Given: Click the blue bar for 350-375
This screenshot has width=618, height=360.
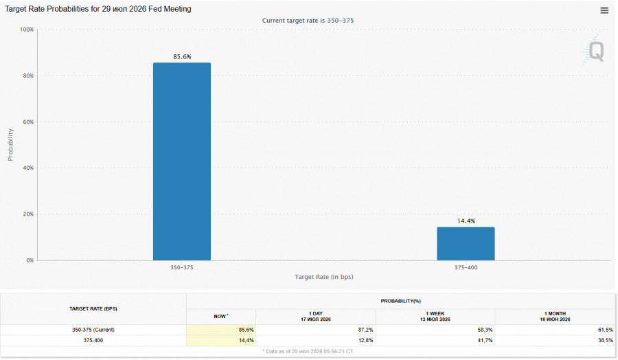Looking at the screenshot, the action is (x=182, y=161).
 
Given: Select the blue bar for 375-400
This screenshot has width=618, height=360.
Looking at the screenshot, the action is (x=466, y=243).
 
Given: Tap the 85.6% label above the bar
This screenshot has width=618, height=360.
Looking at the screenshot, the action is (x=182, y=57).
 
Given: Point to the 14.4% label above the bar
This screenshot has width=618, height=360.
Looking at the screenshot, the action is (x=466, y=221).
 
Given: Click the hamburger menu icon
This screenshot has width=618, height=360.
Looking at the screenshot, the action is (x=604, y=10).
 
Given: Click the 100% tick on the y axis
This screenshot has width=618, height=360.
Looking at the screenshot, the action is (x=27, y=30).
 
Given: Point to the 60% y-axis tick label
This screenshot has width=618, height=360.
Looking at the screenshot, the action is (x=28, y=122).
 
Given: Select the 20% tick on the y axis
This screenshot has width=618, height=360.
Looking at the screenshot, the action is (x=28, y=214).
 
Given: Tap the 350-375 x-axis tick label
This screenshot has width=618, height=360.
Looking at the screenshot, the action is (x=182, y=267).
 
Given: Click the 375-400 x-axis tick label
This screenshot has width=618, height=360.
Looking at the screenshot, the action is (x=466, y=267).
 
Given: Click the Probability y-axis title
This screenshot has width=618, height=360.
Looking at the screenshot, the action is (x=10, y=145).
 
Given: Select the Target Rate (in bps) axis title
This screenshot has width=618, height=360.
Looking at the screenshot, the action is (x=324, y=277).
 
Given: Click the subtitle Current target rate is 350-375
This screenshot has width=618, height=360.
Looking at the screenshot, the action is (x=308, y=21).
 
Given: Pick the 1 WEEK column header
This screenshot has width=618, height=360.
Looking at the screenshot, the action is (x=435, y=316).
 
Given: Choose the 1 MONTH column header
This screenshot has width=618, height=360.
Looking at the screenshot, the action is (x=555, y=316).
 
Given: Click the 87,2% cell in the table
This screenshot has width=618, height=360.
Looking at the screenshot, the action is (x=366, y=330).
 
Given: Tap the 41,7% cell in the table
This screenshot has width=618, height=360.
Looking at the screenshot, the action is (x=485, y=340).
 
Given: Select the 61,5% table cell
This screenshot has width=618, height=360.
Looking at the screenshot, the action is (x=606, y=330).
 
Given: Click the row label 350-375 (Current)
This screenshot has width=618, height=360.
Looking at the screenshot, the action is (x=93, y=330).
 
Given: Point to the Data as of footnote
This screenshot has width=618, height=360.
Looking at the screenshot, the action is (x=308, y=351).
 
